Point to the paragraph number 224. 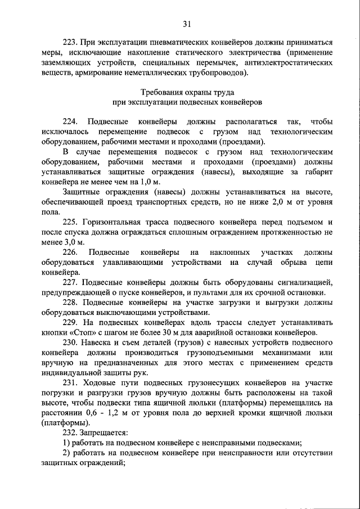click(x=70, y=121)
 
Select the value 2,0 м click(x=277, y=203)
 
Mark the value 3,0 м click(x=72, y=244)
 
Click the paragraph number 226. click(x=70, y=253)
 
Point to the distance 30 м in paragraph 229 click(x=179, y=333)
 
